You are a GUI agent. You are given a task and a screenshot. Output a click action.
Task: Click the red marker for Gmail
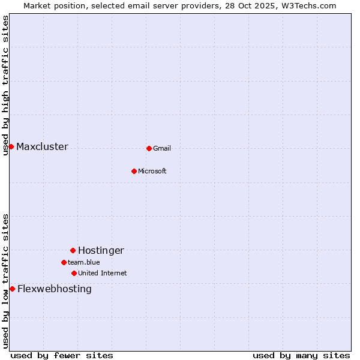[149, 148]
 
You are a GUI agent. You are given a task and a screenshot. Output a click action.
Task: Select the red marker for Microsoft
[134, 171]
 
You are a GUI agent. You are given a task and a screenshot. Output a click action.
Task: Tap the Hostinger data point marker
[73, 250]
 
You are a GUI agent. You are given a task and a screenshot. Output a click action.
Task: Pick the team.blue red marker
[64, 262]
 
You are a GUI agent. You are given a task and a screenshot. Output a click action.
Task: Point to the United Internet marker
[74, 273]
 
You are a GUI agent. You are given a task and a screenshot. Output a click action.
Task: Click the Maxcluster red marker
[11, 146]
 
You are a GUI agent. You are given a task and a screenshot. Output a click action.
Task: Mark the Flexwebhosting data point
[12, 289]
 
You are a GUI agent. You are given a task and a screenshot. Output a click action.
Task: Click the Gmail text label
[162, 149]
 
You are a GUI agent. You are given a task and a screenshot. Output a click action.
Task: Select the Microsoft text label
[152, 172]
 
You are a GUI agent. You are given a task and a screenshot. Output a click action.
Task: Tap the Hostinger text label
[101, 251]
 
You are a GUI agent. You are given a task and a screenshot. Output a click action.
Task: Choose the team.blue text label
[84, 263]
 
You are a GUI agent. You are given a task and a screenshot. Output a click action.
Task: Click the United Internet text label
[103, 274]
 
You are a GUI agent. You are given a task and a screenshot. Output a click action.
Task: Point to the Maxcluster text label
[42, 147]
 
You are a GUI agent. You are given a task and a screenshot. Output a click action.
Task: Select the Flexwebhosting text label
[55, 289]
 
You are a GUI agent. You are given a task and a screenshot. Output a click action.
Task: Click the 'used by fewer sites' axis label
[62, 356]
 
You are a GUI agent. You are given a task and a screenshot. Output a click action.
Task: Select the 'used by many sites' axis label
[301, 356]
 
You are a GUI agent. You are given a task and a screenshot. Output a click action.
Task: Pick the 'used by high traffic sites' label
[5, 85]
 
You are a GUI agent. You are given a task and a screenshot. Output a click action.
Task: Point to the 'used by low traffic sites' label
[5, 281]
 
